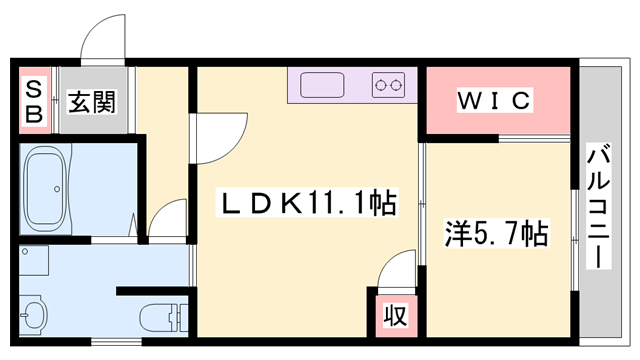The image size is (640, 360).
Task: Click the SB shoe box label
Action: pos(33,101)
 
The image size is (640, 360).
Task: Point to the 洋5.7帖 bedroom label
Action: pos(496,235)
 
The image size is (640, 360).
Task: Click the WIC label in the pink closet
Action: pos(496,101)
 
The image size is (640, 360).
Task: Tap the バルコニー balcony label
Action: pos(599,205)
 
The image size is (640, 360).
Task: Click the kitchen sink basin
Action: pos(322,85)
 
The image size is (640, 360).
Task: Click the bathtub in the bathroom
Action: pos(45,187)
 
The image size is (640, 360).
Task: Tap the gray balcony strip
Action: pos(599,120)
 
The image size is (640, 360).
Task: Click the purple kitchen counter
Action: pos(350,85)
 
